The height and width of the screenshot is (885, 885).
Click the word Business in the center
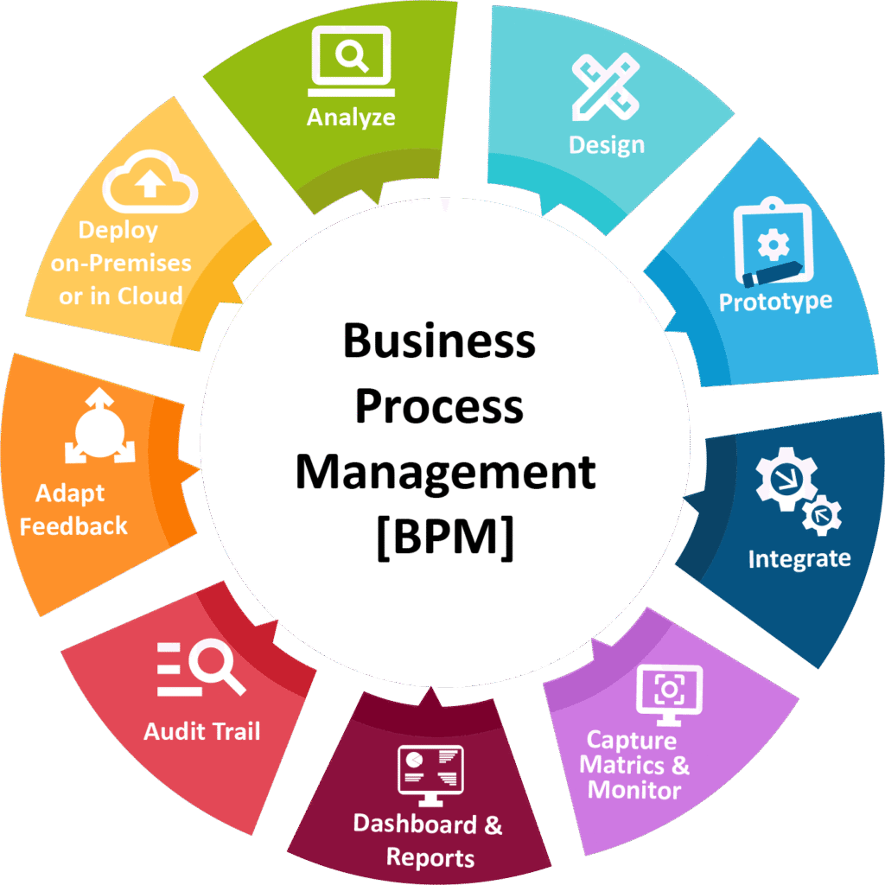click(x=439, y=341)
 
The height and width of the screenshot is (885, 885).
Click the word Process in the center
click(x=439, y=407)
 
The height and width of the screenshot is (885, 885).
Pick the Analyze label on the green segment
click(x=351, y=117)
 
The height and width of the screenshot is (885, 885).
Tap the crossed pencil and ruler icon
click(x=606, y=86)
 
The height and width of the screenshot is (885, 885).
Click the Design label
click(x=606, y=144)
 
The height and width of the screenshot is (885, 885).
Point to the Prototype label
click(x=775, y=302)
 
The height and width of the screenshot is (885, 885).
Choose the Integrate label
click(x=799, y=558)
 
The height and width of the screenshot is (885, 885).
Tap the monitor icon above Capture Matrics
click(x=669, y=691)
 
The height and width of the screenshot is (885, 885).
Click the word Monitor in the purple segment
click(x=634, y=789)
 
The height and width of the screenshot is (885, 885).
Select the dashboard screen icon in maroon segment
click(x=430, y=768)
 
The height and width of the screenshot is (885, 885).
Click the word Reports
click(x=430, y=857)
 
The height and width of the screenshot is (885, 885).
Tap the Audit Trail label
click(x=201, y=731)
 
